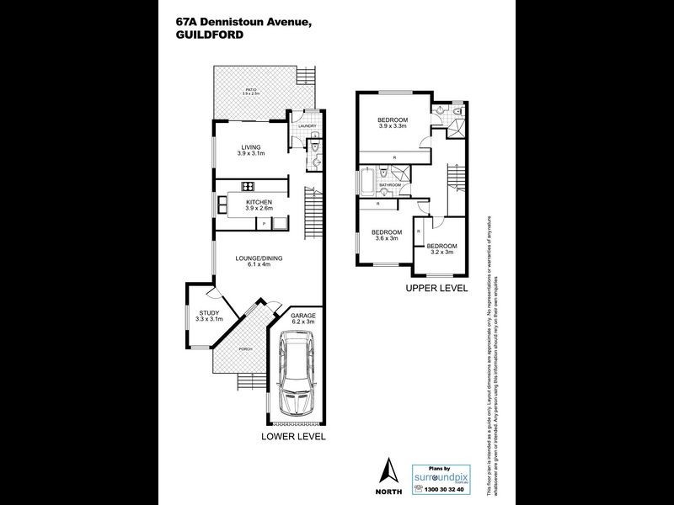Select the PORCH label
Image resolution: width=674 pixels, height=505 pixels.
[x=245, y=349]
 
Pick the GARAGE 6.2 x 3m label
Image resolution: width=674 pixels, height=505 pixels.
[x=302, y=318]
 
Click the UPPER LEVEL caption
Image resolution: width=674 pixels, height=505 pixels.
[x=437, y=289]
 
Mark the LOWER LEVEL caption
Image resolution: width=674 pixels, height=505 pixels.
[x=293, y=437]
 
